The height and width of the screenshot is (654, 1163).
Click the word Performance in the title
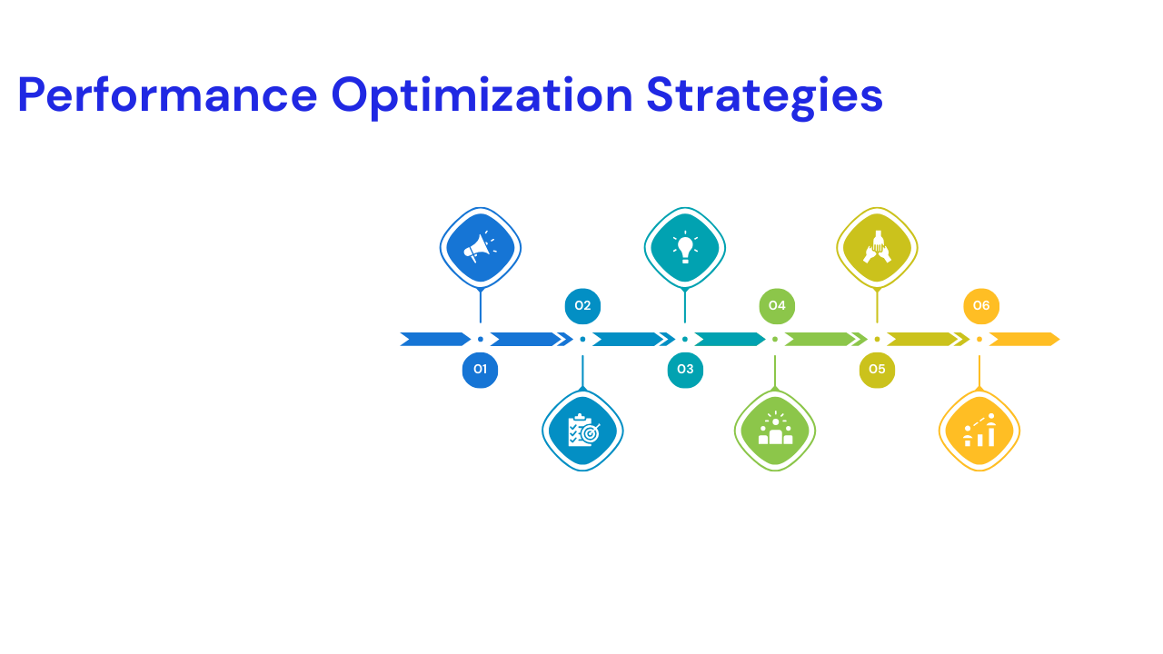click(x=167, y=95)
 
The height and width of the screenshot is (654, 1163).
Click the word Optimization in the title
click(x=482, y=95)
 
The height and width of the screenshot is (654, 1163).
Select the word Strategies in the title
click(x=764, y=95)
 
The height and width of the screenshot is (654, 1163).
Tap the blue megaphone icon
click(x=481, y=247)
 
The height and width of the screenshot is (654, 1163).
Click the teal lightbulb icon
click(x=685, y=247)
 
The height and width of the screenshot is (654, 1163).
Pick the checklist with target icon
click(x=582, y=431)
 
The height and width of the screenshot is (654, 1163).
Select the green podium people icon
click(x=775, y=431)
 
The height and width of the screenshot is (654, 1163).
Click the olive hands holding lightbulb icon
click(x=877, y=247)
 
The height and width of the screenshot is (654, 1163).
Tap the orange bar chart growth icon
click(x=979, y=431)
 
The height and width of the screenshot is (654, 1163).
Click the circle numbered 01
click(x=481, y=370)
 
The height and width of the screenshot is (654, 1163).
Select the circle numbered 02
click(x=582, y=306)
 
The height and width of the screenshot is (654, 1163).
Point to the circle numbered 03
click(x=685, y=370)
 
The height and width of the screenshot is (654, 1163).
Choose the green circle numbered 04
click(x=777, y=306)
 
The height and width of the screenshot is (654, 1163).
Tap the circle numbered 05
click(x=877, y=370)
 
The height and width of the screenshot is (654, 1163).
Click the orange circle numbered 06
click(x=981, y=306)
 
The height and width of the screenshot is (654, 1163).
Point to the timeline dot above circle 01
click(x=481, y=340)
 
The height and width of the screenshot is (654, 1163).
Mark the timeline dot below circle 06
click(x=979, y=340)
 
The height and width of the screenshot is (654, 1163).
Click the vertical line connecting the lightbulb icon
click(x=685, y=306)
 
